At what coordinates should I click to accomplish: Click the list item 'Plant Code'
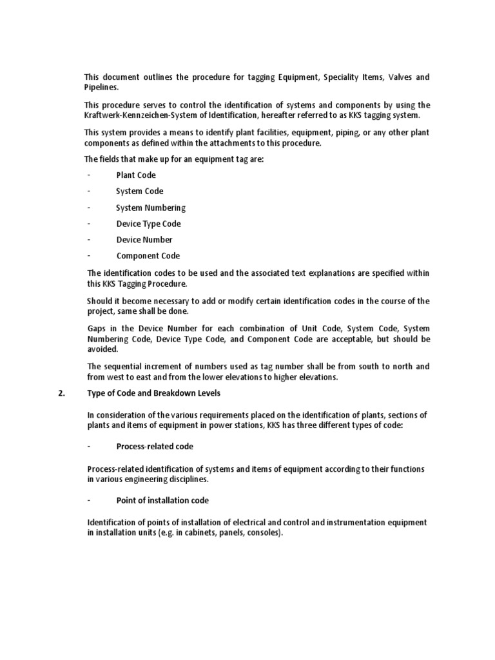135,175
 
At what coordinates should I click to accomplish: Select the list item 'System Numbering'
150,208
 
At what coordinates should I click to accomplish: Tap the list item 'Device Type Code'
148,224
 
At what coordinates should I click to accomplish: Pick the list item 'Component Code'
148,256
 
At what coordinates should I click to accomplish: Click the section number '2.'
62,394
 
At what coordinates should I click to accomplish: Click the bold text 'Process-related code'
155,447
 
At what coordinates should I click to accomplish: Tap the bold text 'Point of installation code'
162,500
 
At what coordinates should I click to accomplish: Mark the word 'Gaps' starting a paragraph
96,329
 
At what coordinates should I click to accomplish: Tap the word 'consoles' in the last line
266,534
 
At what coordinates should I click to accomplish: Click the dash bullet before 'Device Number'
88,240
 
